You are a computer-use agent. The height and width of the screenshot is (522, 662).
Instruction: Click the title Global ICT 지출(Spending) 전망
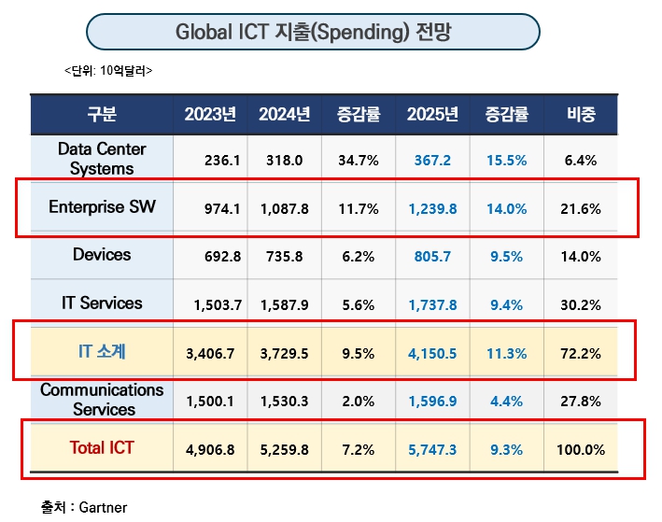tap(312, 33)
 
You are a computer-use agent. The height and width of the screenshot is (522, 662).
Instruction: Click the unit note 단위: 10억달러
tap(108, 71)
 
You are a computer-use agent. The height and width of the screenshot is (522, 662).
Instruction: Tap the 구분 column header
tap(102, 115)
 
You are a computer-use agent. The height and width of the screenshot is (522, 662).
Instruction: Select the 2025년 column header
tap(432, 115)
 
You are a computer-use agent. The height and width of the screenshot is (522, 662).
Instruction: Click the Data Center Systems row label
tap(102, 159)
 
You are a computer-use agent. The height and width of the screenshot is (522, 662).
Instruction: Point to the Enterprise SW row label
tap(100, 207)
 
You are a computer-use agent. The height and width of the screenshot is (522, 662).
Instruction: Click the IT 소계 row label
tap(102, 351)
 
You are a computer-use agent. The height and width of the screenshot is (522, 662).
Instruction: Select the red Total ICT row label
tap(102, 448)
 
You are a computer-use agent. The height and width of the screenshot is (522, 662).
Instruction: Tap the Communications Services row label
tap(102, 400)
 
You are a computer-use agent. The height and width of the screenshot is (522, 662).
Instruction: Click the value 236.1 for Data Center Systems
tap(222, 161)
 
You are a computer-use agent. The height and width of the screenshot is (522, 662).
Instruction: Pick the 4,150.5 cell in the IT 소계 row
tap(432, 353)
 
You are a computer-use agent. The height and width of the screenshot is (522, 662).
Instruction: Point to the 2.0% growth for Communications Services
tap(359, 402)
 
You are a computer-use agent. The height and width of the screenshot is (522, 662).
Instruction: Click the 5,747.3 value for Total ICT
tap(432, 449)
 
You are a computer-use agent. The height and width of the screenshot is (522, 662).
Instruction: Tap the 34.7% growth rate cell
tap(359, 161)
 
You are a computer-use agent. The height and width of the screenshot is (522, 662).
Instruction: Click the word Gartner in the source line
tap(103, 507)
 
